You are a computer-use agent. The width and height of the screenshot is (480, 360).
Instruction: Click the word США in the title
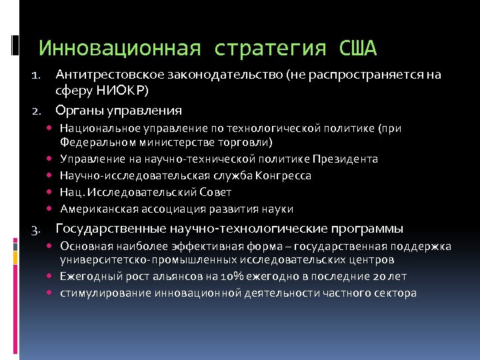coord(358,48)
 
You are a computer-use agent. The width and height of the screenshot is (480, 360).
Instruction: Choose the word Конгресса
coord(284,175)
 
